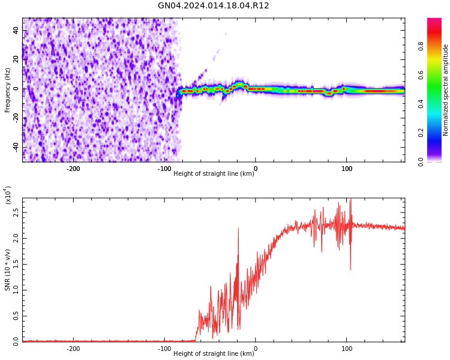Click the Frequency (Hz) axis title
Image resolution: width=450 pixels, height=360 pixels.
point(8,90)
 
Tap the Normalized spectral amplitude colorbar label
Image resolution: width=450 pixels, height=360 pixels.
point(446,90)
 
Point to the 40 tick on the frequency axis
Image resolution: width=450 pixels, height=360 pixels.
point(14,30)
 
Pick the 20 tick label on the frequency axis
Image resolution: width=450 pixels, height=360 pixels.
point(14,59)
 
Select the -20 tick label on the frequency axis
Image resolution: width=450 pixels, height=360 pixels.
point(13,118)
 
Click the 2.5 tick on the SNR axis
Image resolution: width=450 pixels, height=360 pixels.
point(14,212)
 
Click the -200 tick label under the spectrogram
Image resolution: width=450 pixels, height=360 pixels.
point(73,169)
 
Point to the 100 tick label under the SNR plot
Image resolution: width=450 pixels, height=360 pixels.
point(347,349)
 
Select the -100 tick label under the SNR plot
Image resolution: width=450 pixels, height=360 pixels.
point(164,349)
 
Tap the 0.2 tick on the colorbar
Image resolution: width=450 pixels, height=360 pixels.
point(421,133)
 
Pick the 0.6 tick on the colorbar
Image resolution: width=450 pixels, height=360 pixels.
point(421,75)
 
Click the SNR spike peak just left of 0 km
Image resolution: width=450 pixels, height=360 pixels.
point(238,228)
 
